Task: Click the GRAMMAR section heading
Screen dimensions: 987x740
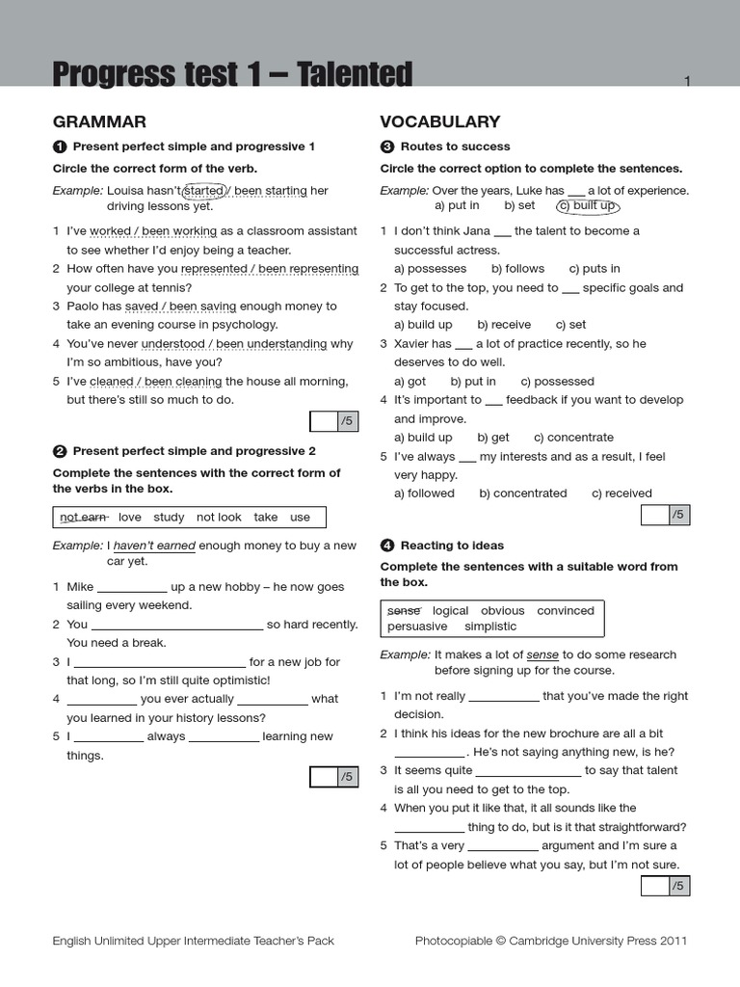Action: (x=99, y=121)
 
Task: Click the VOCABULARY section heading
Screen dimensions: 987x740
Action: (x=439, y=121)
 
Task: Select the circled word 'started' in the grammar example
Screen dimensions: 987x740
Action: (x=203, y=191)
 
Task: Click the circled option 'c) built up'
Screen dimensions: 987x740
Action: (x=586, y=205)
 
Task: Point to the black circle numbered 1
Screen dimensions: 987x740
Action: (x=60, y=147)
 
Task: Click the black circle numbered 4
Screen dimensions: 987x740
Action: (x=387, y=546)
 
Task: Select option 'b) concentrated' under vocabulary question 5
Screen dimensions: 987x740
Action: (x=523, y=493)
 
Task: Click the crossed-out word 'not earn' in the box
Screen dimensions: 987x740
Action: (x=83, y=518)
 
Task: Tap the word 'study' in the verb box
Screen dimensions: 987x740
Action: (x=169, y=518)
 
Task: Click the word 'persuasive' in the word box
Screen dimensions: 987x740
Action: (x=417, y=627)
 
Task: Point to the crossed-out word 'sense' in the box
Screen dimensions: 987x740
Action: (x=404, y=611)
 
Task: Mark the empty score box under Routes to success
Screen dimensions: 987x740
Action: (x=654, y=515)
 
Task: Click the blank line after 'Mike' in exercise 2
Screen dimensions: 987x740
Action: (x=132, y=587)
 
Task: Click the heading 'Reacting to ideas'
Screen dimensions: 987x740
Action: (x=452, y=546)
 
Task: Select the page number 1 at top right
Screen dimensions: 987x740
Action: (x=687, y=82)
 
